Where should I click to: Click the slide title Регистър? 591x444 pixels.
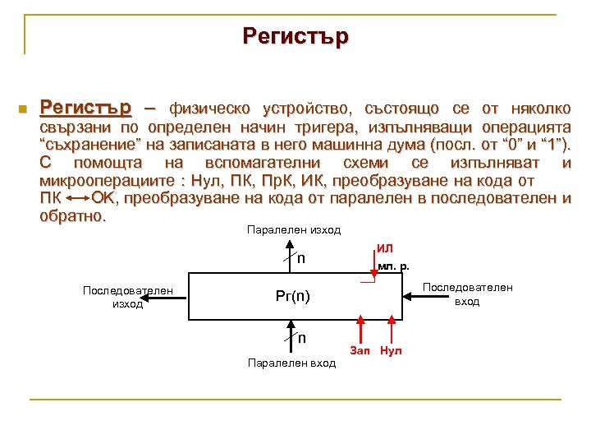295,36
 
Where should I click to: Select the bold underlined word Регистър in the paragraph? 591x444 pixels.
85,109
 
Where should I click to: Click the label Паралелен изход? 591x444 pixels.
293,230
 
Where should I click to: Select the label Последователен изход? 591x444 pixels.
128,297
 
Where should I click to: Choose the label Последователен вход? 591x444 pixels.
467,294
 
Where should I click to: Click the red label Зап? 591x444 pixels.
360,351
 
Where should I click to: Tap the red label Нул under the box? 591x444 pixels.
392,351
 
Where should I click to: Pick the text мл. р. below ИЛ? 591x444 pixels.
394,266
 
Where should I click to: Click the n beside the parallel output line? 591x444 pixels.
301,258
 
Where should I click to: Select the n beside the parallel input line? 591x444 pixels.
301,337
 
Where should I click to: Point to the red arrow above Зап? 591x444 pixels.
361,331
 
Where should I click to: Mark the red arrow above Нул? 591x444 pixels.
392,331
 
